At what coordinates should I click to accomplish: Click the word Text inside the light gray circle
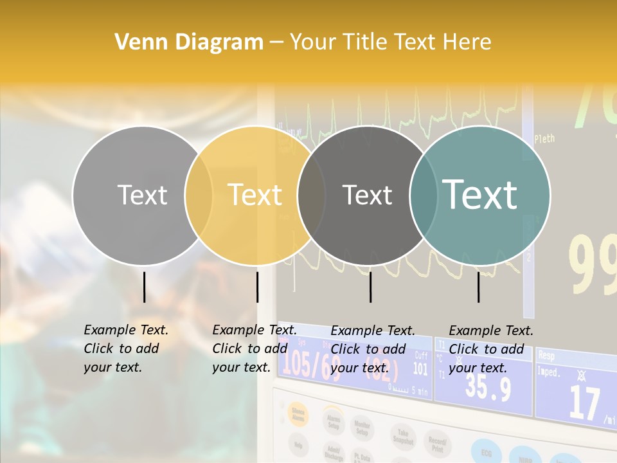coord(142,195)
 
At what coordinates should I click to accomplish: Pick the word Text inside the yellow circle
coord(255,195)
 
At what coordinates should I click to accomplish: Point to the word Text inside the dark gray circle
coord(367,195)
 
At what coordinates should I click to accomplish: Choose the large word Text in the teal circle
coord(480,194)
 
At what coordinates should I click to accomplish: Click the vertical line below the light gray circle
coord(144,287)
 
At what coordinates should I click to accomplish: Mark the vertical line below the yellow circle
coord(257,287)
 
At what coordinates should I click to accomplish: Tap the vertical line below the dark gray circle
coord(370,287)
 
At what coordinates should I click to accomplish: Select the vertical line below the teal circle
coord(478,287)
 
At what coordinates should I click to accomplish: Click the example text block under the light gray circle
coord(125,349)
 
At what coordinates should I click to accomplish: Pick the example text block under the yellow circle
coord(254,349)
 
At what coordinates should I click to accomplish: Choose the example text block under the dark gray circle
coord(372,349)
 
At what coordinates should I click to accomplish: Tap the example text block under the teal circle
coord(490,349)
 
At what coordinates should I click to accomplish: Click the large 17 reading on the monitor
coord(584,403)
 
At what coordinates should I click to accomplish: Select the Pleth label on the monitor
coord(544,138)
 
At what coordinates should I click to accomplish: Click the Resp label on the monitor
coord(546,355)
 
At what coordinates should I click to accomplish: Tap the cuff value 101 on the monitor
coord(420,368)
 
